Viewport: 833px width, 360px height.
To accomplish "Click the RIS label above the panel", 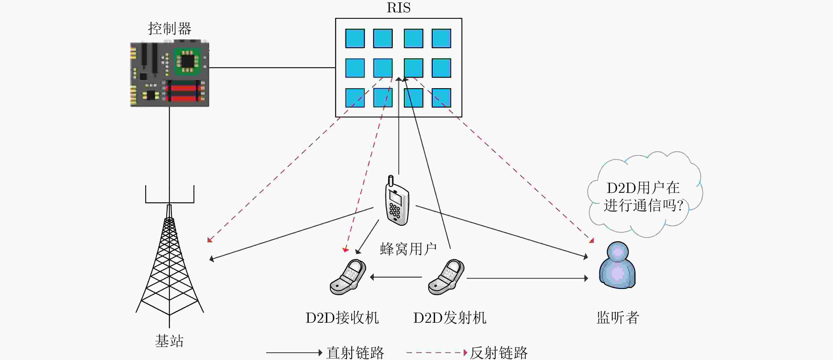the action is tap(398, 8).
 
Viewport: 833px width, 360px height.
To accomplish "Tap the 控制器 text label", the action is tap(170, 28).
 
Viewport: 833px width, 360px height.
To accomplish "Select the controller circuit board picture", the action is tap(169, 73).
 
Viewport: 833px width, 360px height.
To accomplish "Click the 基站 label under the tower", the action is tap(169, 341).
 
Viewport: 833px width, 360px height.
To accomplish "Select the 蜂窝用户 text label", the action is tap(408, 249).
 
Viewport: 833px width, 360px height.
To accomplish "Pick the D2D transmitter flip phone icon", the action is tap(446, 277).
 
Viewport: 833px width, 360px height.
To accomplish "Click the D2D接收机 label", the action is tap(342, 318).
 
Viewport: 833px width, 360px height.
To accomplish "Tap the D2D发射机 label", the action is tap(450, 318).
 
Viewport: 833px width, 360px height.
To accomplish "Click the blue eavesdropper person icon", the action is tap(617, 265).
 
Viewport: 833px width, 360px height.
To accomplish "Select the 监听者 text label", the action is tap(618, 318).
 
